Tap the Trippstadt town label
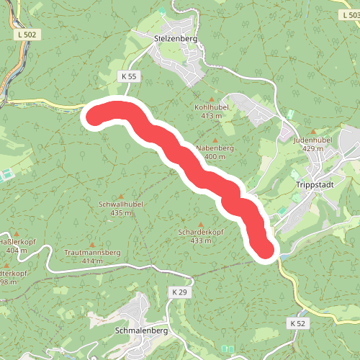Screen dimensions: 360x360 click(x=312, y=184)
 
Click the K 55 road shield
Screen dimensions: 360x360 click(x=129, y=76)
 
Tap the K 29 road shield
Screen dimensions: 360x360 click(x=179, y=292)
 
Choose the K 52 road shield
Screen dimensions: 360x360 click(x=298, y=323)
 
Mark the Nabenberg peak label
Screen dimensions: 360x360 click(x=215, y=148)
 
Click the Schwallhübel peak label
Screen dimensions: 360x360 click(x=120, y=204)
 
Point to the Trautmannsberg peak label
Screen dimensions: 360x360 click(x=91, y=253)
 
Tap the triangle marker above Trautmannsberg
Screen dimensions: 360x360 click(x=91, y=244)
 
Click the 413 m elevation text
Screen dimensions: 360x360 click(x=211, y=115)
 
